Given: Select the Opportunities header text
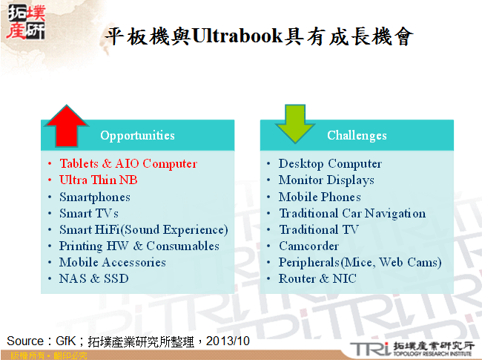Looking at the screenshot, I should [137, 135].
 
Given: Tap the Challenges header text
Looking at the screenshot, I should [357, 135].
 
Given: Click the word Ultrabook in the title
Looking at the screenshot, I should [237, 37].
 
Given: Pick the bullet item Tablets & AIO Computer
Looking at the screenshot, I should [128, 163].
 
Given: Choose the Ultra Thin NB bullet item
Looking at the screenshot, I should [98, 180].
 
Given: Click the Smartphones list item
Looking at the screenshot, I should [94, 197].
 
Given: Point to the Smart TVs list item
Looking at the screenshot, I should [88, 213].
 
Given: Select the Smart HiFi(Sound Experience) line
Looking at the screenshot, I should [143, 229].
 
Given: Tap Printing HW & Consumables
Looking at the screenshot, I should [139, 246].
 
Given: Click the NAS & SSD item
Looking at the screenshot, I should [93, 278].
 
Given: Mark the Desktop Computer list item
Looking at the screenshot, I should [330, 163].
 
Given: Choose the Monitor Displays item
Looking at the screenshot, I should [326, 180].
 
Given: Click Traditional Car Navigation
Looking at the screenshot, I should [351, 213].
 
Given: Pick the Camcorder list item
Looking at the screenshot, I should [308, 246].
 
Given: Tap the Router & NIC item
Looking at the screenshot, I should [317, 278].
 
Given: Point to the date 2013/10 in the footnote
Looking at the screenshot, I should [232, 341].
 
